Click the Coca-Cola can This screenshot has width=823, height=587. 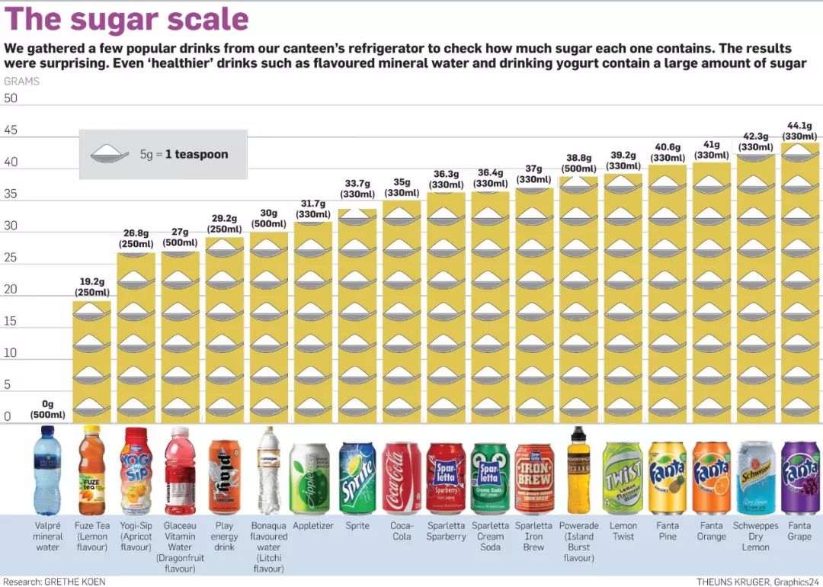(x=402, y=478)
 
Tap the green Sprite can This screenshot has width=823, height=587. (x=357, y=478)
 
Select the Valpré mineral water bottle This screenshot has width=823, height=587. (x=47, y=471)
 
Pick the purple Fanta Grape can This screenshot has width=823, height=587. (x=799, y=478)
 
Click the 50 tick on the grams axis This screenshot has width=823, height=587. (x=11, y=98)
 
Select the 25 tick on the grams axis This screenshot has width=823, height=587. (x=11, y=258)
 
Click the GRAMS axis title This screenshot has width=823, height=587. (x=21, y=81)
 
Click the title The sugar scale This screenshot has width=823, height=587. (x=126, y=20)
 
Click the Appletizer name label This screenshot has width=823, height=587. (x=313, y=526)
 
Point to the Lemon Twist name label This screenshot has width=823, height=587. (x=623, y=531)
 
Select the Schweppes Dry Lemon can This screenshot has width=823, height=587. (x=755, y=478)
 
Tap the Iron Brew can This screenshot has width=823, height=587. (x=534, y=478)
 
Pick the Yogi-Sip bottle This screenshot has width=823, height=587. (x=136, y=471)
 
